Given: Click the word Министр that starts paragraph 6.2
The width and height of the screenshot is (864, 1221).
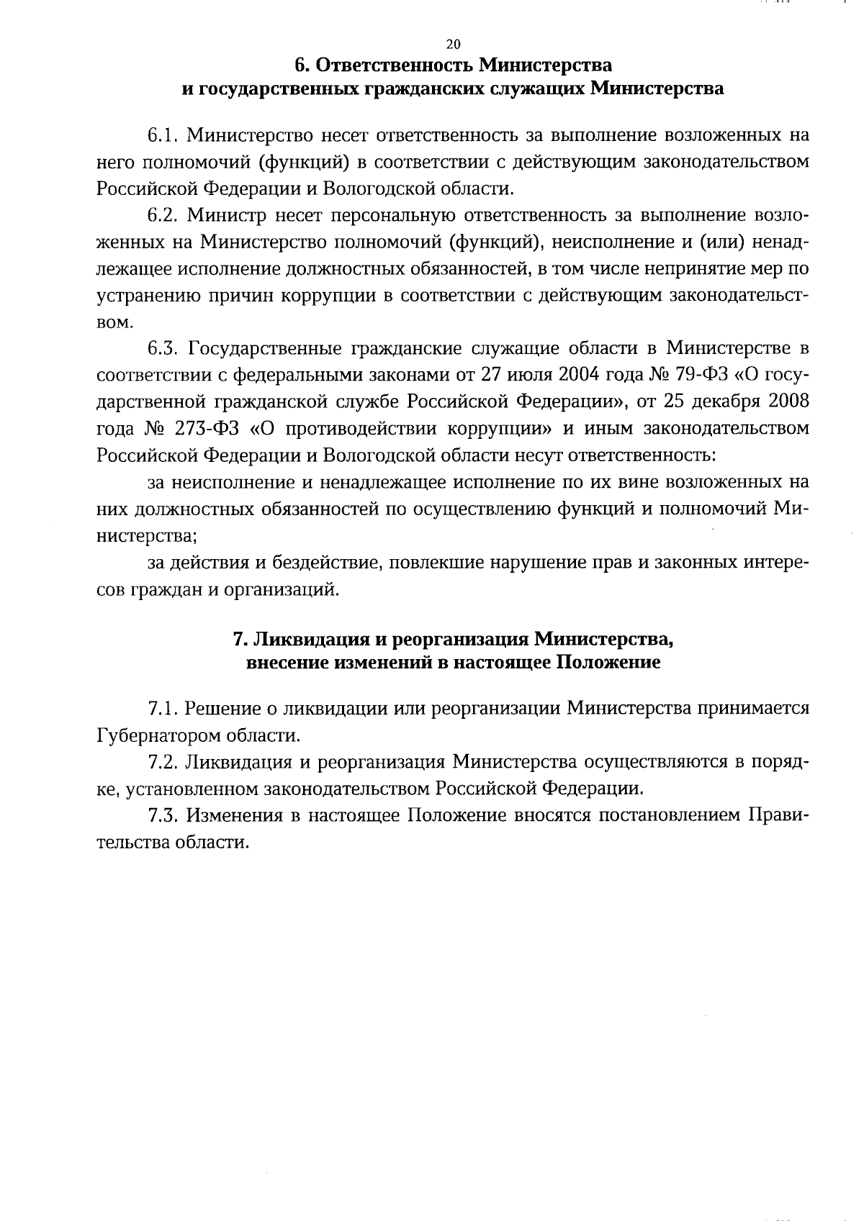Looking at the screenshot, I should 217,215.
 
